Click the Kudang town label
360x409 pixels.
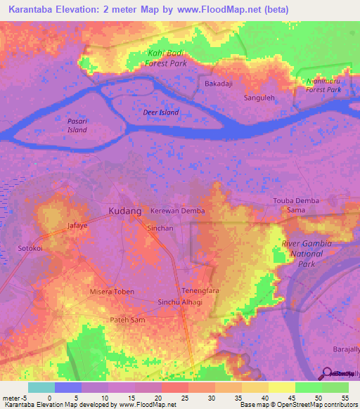coord(125,211)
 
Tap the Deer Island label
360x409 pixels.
coord(160,112)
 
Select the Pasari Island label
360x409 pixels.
coord(77,125)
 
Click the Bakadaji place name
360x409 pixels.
coord(219,84)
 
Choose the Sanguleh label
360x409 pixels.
coord(259,98)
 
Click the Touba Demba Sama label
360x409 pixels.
coord(296,205)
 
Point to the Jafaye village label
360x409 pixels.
coord(77,226)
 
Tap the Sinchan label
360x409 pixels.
coord(160,228)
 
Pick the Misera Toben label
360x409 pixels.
coord(112,291)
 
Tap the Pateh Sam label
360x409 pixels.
coord(127,320)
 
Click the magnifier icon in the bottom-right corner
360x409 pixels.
coord(328,372)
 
